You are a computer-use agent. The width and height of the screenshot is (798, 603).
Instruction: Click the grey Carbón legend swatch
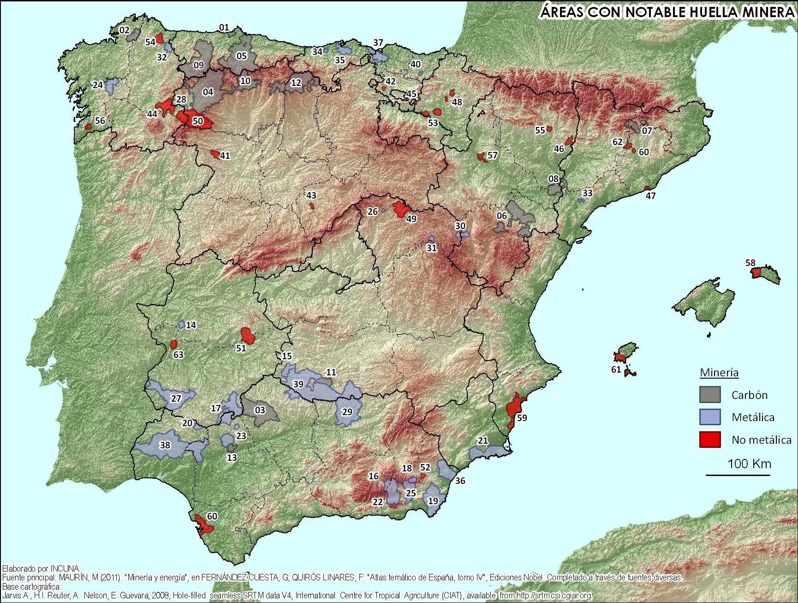pos(709,394)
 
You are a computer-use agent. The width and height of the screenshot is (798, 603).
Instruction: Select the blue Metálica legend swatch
pos(709,417)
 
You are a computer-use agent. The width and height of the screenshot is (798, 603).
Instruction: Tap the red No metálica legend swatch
pos(709,439)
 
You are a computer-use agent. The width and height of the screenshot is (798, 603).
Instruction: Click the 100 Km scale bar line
pos(738,475)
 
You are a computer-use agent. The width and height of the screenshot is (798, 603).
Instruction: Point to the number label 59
pos(522,418)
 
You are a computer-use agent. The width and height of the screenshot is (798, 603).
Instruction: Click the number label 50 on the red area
pos(197,121)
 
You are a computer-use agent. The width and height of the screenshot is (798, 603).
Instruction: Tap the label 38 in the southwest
pos(165,445)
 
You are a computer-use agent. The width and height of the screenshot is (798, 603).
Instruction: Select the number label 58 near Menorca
pos(750,263)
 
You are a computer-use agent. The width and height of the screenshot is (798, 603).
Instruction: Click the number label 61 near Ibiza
pos(616,369)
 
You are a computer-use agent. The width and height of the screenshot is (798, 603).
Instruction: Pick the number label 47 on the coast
pos(650,196)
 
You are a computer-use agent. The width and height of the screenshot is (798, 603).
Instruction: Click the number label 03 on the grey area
pos(260,410)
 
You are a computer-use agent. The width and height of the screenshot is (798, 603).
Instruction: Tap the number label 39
pos(298,384)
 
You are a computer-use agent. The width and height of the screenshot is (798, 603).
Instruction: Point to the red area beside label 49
pos(400,209)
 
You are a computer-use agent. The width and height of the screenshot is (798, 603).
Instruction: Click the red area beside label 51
pos(248,335)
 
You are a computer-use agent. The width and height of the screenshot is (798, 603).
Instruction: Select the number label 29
pos(347,411)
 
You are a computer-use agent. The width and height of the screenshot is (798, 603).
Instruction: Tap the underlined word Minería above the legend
pos(719,373)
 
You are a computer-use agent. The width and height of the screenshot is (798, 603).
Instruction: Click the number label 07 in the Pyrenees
pos(647,131)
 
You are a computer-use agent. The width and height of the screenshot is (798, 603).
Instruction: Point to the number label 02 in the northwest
pos(125,30)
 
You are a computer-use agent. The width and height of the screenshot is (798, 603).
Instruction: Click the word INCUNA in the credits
pos(65,568)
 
